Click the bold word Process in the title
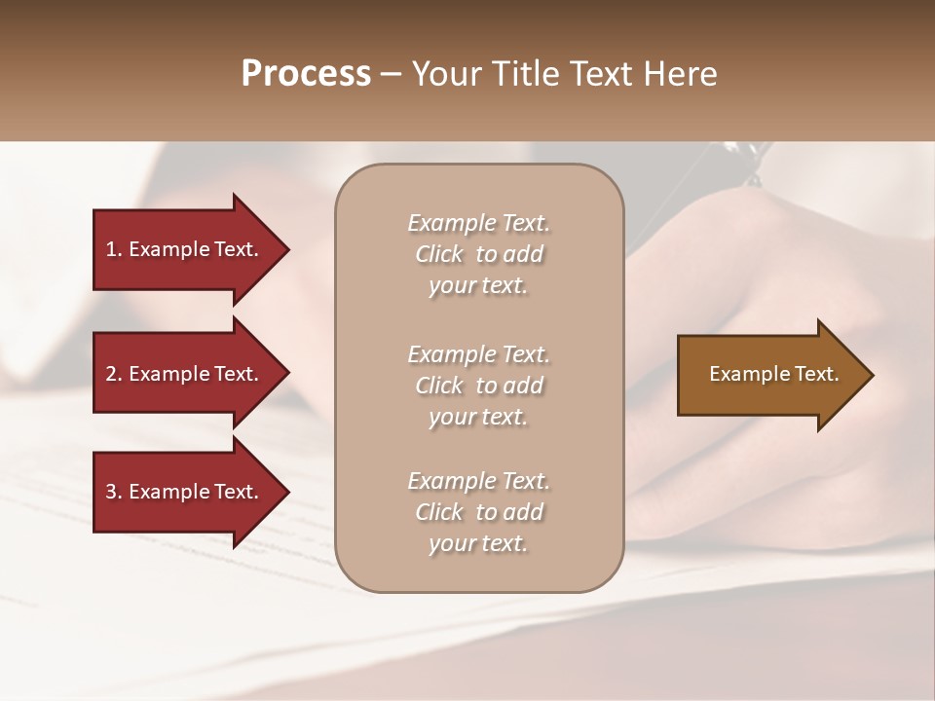[306, 74]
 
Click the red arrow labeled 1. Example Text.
[185, 249]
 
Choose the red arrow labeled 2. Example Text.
[185, 374]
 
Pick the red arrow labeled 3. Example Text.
[185, 492]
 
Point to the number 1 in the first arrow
[111, 249]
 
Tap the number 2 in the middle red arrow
[111, 374]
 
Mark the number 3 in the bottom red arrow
[111, 492]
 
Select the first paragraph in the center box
[478, 254]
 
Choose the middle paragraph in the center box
[478, 386]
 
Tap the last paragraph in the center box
[478, 512]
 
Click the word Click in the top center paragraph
[438, 254]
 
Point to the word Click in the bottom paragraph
[438, 512]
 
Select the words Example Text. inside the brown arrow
[773, 374]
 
